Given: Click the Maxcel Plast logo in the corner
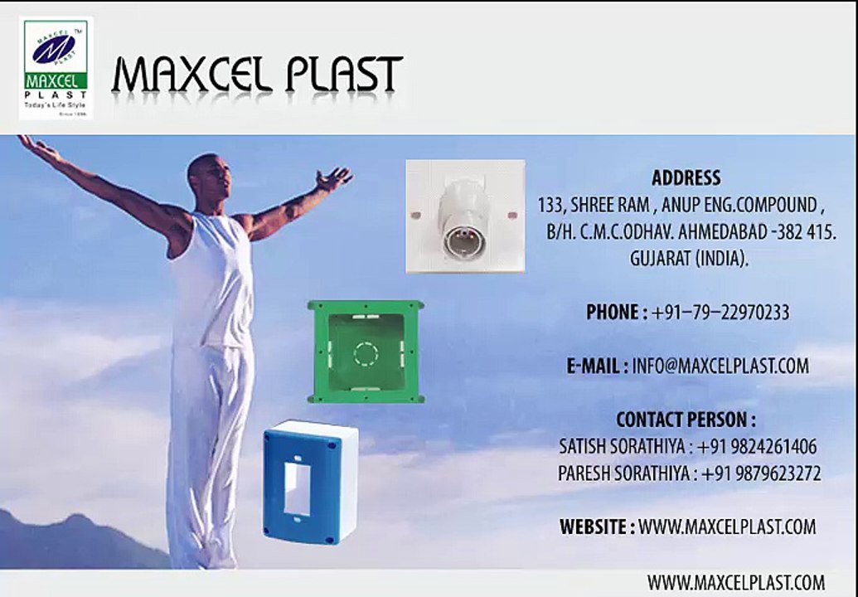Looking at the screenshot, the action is pyautogui.click(x=56, y=68).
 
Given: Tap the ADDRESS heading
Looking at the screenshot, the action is pyautogui.click(x=686, y=177).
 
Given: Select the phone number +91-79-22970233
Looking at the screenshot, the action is pyautogui.click(x=720, y=313).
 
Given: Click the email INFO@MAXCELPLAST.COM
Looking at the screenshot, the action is pyautogui.click(x=720, y=366).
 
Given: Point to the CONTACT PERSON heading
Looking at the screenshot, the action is pyautogui.click(x=686, y=420).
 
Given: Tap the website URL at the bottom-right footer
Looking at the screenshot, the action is pyautogui.click(x=736, y=582).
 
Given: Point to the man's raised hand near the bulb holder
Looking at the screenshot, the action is pyautogui.click(x=333, y=178).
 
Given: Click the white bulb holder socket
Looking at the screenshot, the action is pyautogui.click(x=465, y=216).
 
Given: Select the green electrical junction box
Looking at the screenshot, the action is pyautogui.click(x=366, y=352).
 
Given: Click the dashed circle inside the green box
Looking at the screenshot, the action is pyautogui.click(x=366, y=354).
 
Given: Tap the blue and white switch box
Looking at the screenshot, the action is pyautogui.click(x=311, y=482).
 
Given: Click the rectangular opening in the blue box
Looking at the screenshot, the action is pyautogui.click(x=297, y=488).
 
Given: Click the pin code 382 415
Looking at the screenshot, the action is pyautogui.click(x=807, y=232).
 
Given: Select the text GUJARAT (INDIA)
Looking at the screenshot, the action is pyautogui.click(x=688, y=258).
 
